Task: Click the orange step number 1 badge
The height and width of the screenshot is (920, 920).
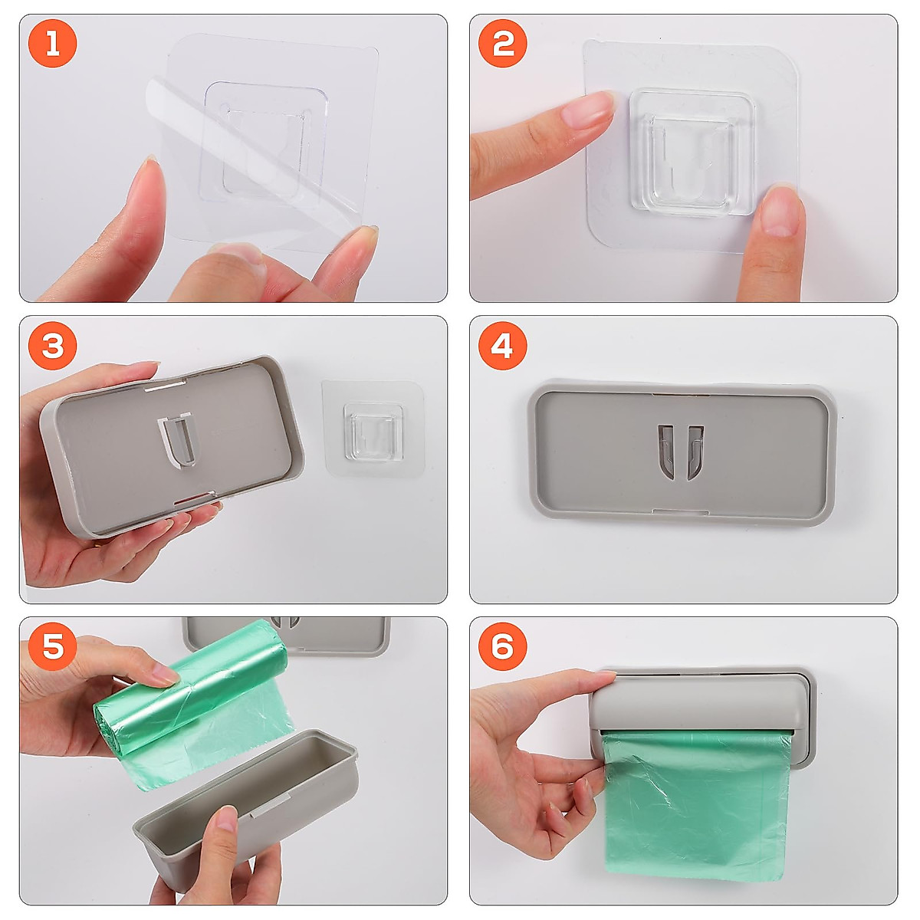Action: [x=53, y=44]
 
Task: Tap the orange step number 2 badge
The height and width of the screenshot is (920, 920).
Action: [x=502, y=44]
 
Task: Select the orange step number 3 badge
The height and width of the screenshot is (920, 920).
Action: [x=53, y=346]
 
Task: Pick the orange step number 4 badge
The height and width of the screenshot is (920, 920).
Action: [x=502, y=346]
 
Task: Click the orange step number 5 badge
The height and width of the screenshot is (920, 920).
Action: [x=53, y=647]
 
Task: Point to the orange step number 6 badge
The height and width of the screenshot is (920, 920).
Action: [x=502, y=647]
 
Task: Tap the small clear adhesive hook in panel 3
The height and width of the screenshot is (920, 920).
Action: [x=373, y=429]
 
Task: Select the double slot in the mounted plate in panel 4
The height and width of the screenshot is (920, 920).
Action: [x=681, y=452]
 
